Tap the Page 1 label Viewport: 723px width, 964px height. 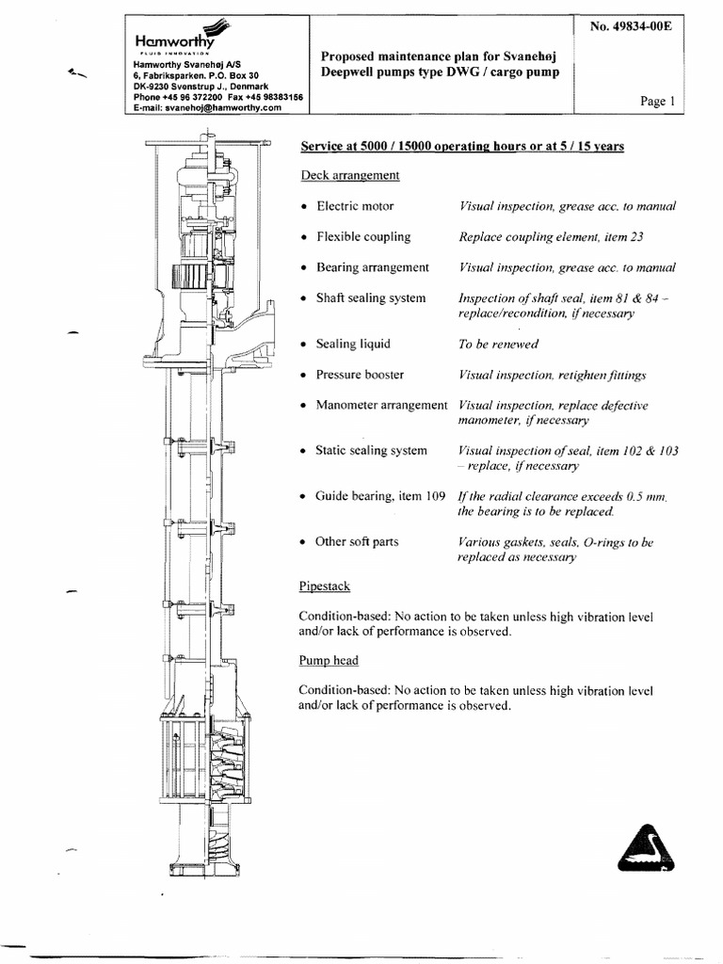coord(657,102)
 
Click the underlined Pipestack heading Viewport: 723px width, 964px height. coord(325,586)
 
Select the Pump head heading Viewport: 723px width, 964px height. coord(328,661)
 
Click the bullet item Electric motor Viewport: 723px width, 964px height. coord(355,206)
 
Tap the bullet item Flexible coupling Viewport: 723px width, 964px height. coord(363,237)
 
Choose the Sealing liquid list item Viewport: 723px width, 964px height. coord(353,344)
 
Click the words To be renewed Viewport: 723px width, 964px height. coord(498,345)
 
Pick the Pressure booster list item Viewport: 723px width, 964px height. coord(360,375)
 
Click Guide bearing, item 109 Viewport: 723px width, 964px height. coord(379,496)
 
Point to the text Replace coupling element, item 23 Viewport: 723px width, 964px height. coord(550,237)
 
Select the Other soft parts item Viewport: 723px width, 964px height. coord(357,542)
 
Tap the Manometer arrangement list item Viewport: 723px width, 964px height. coord(381,405)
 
